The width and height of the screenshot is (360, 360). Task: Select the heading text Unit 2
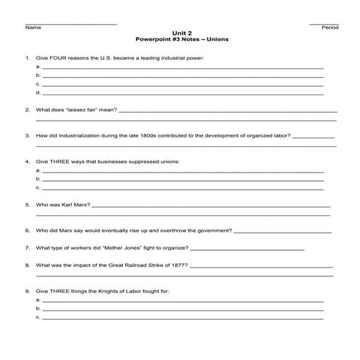(x=181, y=33)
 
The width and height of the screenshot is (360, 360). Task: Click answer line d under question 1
(x=182, y=94)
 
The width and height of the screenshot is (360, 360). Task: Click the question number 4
(x=27, y=161)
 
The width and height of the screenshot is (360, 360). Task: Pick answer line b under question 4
(x=182, y=179)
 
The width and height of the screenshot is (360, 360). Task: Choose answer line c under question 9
(x=182, y=318)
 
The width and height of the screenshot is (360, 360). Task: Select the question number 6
(x=27, y=231)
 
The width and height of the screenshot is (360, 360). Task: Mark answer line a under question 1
(x=182, y=67)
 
